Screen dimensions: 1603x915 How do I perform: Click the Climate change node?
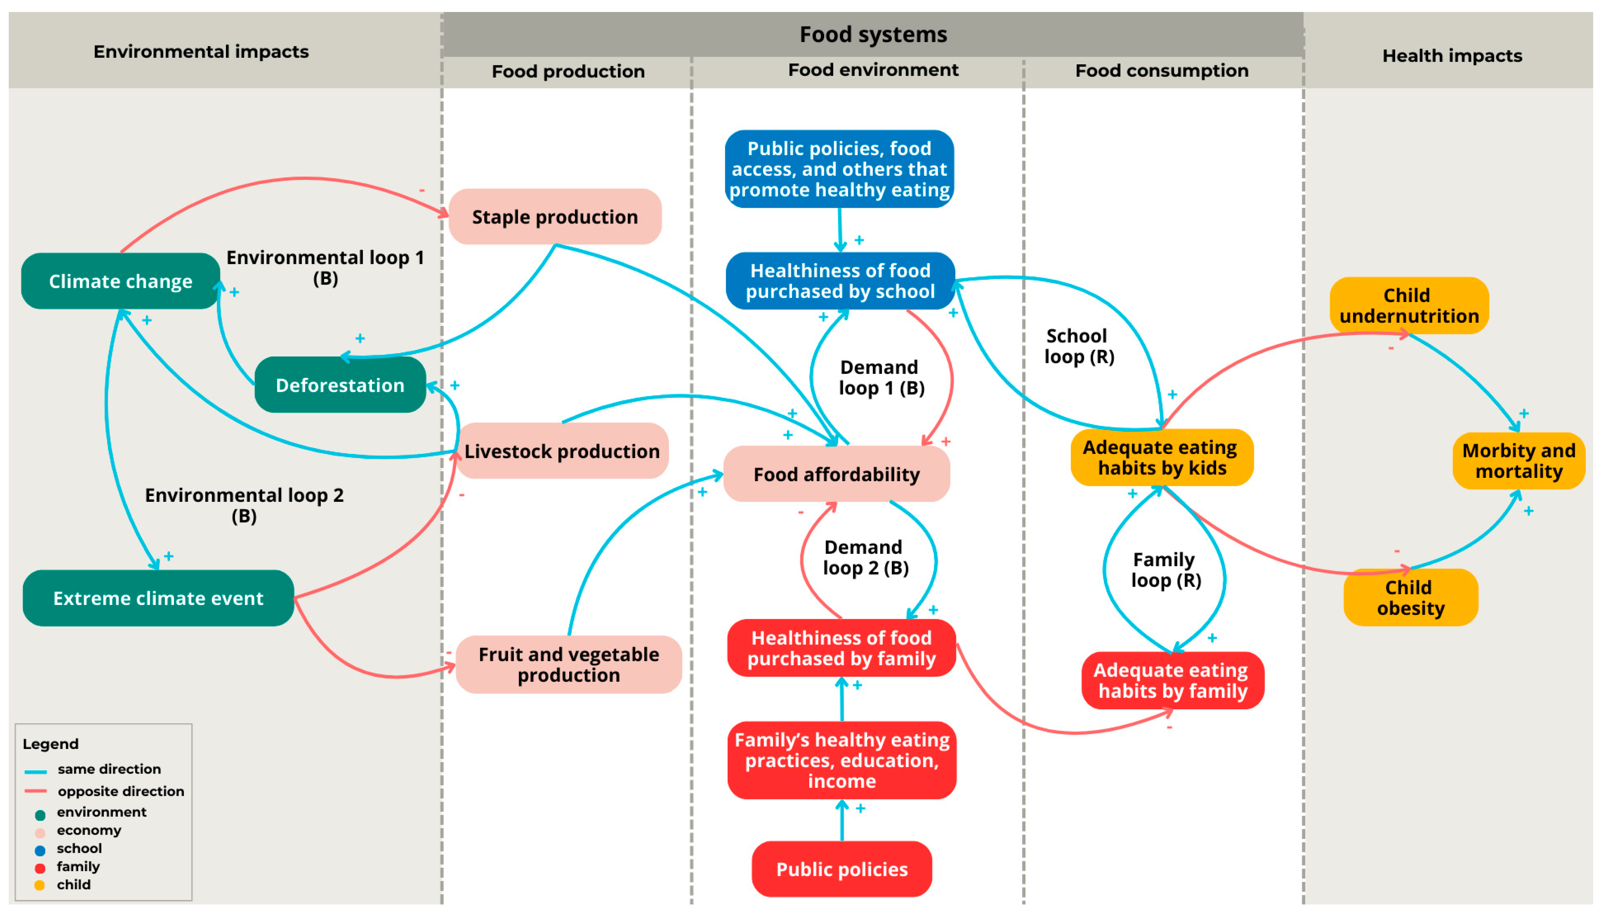pyautogui.click(x=121, y=281)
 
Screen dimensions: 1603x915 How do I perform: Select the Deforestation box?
pyautogui.click(x=340, y=384)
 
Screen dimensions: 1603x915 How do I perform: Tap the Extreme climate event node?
pyautogui.click(x=158, y=598)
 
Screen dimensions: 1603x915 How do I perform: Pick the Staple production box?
pyautogui.click(x=555, y=216)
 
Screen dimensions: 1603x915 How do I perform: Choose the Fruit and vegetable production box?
pyautogui.click(x=568, y=664)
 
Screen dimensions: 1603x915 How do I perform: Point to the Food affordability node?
pyautogui.click(x=837, y=474)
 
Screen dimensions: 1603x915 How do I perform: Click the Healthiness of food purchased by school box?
pyautogui.click(x=841, y=281)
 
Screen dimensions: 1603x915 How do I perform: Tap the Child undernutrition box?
pyautogui.click(x=1409, y=305)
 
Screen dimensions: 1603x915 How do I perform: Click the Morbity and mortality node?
pyautogui.click(x=1519, y=461)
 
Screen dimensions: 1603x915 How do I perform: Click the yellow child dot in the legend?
pyautogui.click(x=40, y=885)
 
